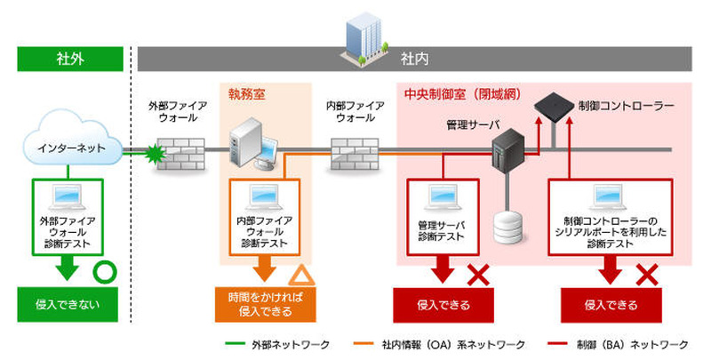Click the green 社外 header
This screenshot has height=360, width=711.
coord(68,59)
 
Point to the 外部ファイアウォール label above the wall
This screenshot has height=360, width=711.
coord(178,111)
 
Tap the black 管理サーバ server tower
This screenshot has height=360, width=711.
coord(507,152)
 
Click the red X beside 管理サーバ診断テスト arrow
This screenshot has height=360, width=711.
coord(479,275)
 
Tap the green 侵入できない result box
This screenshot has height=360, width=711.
coord(68,305)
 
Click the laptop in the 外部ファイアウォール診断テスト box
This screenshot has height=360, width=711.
coord(68,196)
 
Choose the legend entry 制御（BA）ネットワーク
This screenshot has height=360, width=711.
coord(635,344)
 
